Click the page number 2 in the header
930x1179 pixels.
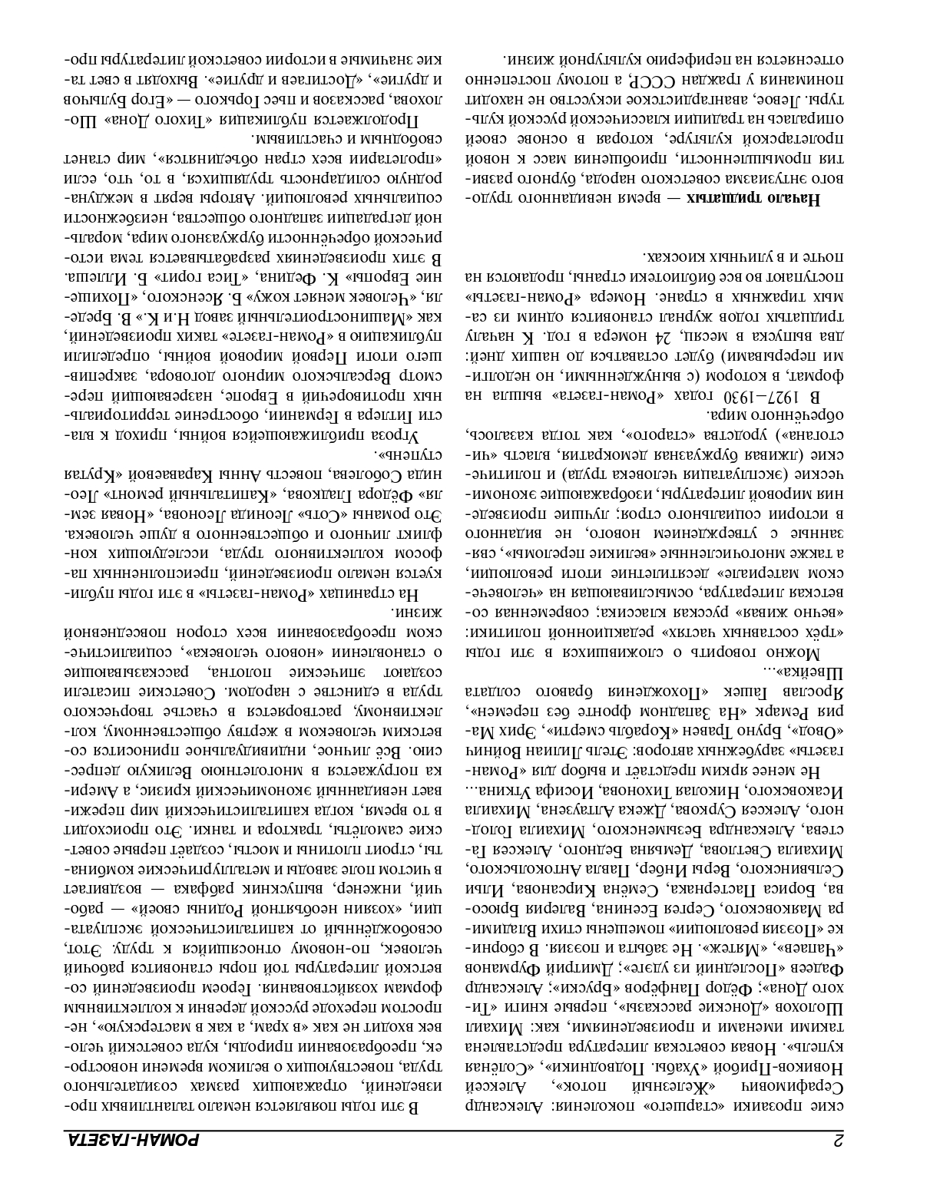839,1139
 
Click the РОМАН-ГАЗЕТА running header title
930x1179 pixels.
131,1139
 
